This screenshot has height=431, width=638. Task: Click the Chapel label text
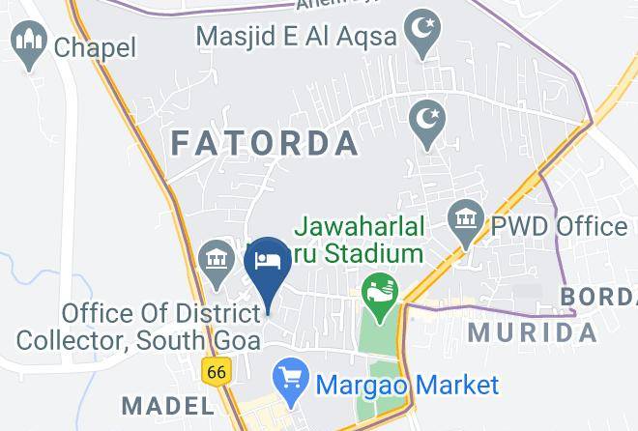tap(95, 46)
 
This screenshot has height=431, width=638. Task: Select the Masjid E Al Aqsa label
tap(296, 37)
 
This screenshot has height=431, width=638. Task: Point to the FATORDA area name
tap(265, 144)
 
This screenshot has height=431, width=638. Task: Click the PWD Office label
tap(559, 227)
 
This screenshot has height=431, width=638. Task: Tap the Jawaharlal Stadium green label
tap(359, 241)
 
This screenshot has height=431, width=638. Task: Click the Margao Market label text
tap(406, 385)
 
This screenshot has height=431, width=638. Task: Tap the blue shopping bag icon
tap(288, 376)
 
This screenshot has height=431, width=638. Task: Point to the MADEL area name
tap(167, 404)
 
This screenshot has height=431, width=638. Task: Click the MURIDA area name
tap(533, 333)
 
